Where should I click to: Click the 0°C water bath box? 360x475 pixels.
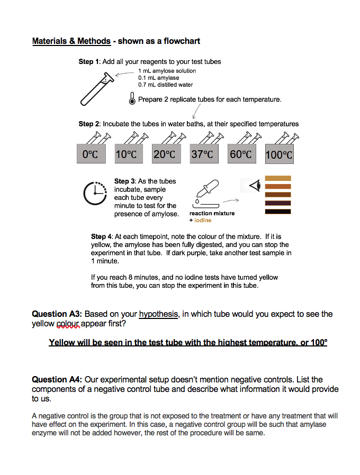pyautogui.click(x=91, y=154)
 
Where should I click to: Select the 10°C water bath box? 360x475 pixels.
pyautogui.click(x=126, y=154)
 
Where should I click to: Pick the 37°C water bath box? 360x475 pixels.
pyautogui.click(x=203, y=154)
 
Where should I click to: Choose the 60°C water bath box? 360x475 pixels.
pyautogui.click(x=241, y=154)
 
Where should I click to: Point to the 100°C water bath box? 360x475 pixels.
pyautogui.click(x=279, y=154)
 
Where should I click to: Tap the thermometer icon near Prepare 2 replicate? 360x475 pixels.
pyautogui.click(x=132, y=99)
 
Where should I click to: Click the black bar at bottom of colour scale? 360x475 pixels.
pyautogui.click(x=278, y=212)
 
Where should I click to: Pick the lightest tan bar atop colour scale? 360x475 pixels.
pyautogui.click(x=278, y=178)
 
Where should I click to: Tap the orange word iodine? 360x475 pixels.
pyautogui.click(x=203, y=220)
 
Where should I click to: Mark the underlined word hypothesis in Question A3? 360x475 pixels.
pyautogui.click(x=159, y=314)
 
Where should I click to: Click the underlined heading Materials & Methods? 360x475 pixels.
pyautogui.click(x=71, y=41)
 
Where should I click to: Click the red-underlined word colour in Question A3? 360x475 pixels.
pyautogui.click(x=68, y=324)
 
